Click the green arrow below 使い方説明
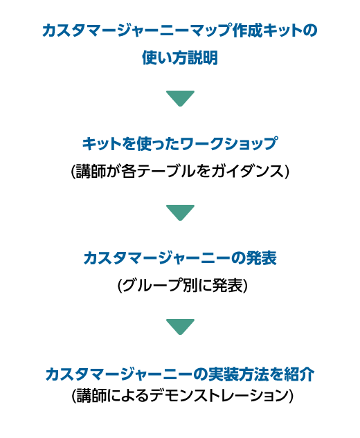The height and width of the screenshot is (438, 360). click(x=180, y=98)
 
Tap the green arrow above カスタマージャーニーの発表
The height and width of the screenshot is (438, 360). click(x=180, y=212)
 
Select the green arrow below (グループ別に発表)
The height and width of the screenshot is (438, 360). click(x=180, y=327)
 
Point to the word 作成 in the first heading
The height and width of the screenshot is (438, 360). click(x=247, y=30)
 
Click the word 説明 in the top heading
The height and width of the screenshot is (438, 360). click(x=203, y=58)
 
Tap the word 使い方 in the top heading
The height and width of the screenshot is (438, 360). click(x=165, y=58)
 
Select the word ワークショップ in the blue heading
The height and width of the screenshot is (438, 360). click(x=228, y=144)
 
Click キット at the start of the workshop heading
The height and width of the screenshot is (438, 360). click(x=102, y=144)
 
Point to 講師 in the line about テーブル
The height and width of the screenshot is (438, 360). click(x=91, y=171)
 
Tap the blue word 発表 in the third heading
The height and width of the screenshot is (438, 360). click(x=261, y=258)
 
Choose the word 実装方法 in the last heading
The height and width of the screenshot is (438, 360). click(x=239, y=374)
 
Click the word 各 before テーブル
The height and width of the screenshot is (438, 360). click(x=129, y=171)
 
